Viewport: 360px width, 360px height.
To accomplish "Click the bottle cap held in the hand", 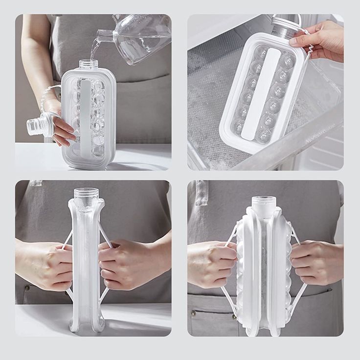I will (x=37, y=125).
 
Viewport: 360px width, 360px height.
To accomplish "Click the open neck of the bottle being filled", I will (x=88, y=64).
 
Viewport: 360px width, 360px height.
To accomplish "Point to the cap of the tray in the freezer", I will (x=287, y=22).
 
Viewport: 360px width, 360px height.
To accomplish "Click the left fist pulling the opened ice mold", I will (x=212, y=265).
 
